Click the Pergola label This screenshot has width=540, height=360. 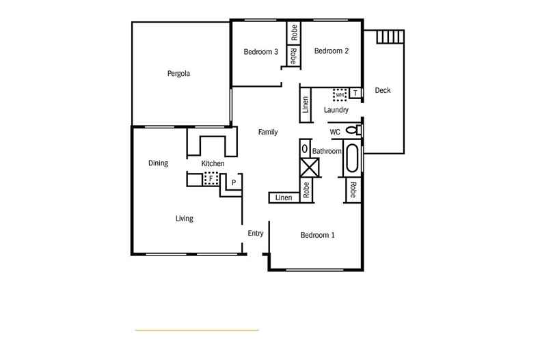click(178, 74)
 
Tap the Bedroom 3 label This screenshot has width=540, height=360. click(261, 52)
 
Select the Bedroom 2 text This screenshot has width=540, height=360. click(332, 51)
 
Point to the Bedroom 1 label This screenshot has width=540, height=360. click(318, 236)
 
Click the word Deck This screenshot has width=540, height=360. click(383, 90)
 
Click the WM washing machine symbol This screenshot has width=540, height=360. click(340, 94)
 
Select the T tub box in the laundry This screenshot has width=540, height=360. click(355, 93)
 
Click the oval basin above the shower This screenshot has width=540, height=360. click(304, 148)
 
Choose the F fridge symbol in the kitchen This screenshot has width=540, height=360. click(211, 178)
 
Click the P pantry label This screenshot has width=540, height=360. click(233, 183)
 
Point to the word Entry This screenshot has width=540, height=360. click(256, 234)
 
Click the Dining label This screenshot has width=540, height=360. click(159, 163)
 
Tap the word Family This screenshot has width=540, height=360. click(267, 133)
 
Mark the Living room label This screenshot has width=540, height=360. click(184, 219)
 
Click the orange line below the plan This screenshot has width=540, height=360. click(197, 330)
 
